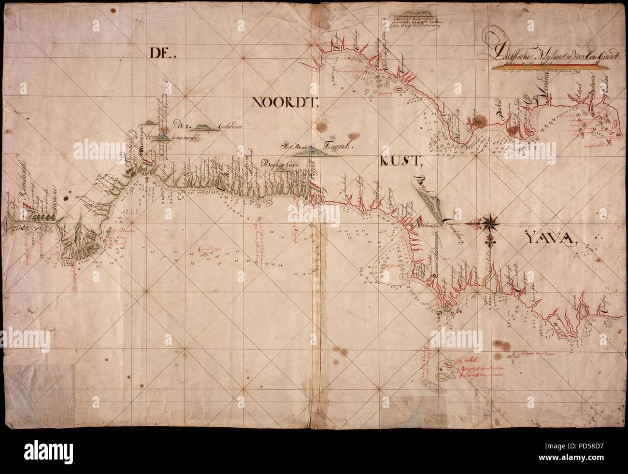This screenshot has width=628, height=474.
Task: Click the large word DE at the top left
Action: coord(156,54)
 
